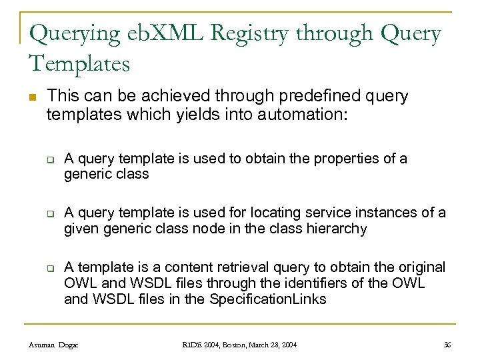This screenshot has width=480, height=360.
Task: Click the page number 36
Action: click(x=447, y=344)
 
